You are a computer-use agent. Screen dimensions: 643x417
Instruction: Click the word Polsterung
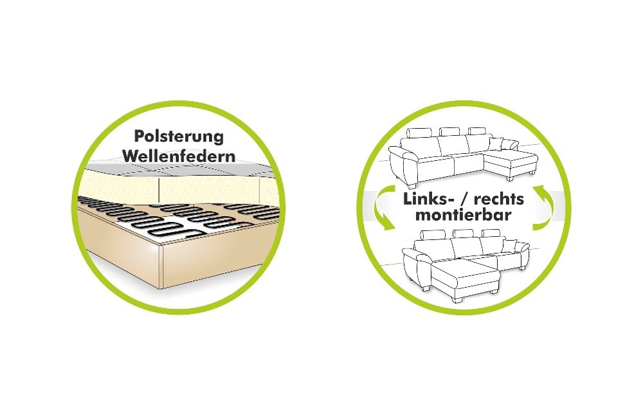179,137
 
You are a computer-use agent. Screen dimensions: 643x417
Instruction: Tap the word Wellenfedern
179,156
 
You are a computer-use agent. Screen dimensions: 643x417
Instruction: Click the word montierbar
464,215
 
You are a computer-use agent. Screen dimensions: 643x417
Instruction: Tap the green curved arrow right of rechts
543,208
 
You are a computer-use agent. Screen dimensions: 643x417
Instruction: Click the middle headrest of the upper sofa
450,131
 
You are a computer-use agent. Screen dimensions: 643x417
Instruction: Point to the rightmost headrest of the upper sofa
476,131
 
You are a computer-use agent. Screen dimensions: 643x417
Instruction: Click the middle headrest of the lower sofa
463,234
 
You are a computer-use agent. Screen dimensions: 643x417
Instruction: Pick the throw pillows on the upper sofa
503,145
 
